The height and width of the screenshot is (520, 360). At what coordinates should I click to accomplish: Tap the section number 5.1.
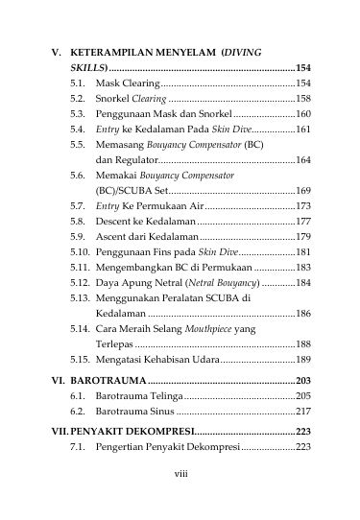[x=78, y=84]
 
